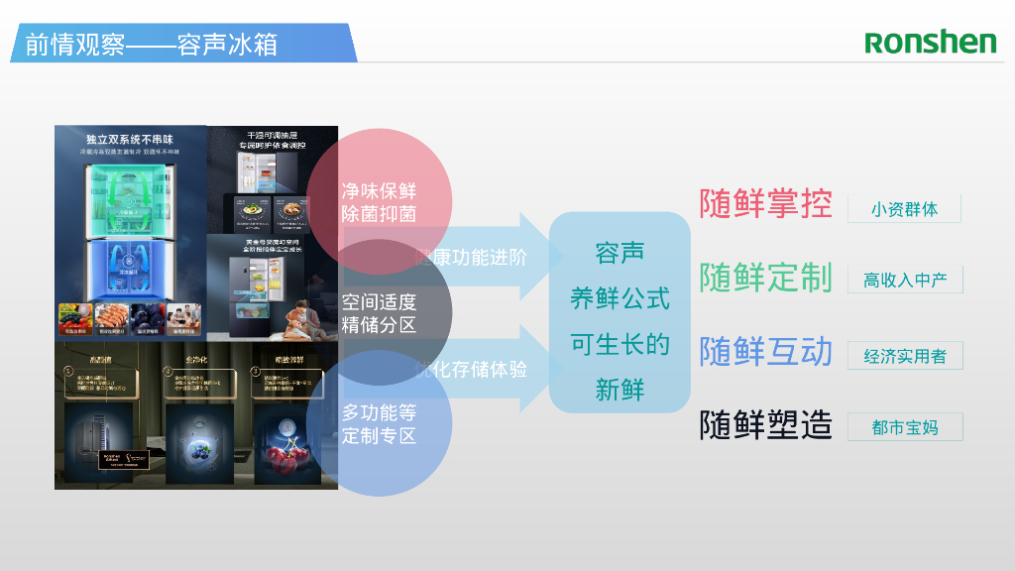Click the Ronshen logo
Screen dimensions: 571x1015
930,42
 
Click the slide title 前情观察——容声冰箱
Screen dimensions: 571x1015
151,45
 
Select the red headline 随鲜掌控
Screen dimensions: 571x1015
765,203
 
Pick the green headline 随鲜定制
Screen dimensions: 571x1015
765,278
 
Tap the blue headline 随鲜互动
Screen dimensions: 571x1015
765,351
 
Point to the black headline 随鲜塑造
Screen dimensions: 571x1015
765,424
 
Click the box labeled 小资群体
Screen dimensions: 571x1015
904,209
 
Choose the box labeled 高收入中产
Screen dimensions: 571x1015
904,281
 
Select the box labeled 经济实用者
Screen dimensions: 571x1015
904,356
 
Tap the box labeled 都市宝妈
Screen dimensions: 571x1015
904,427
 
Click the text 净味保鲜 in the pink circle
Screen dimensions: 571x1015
379,191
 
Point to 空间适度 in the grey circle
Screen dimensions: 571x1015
379,301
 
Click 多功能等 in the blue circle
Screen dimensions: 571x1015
379,411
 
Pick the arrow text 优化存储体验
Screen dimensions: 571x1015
472,368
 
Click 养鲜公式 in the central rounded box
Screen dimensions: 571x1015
620,297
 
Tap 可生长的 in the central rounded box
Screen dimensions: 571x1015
620,344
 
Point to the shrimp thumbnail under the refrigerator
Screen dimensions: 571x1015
112,316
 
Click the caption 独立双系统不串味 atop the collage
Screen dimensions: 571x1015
130,140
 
